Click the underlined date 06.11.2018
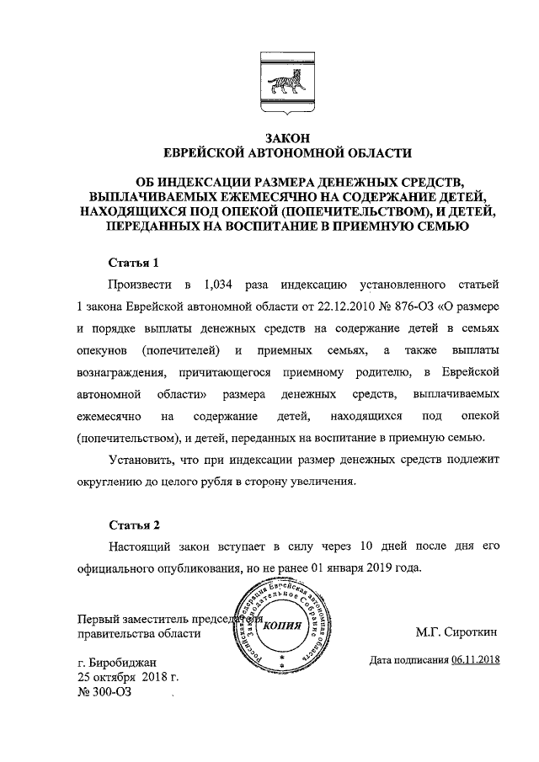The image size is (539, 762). point(476,660)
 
